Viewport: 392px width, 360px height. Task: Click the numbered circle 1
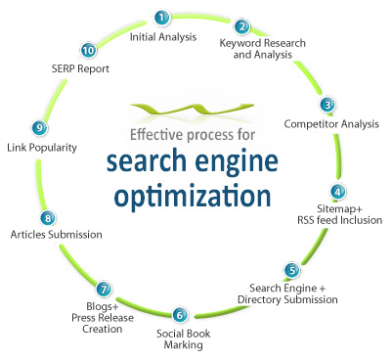click(x=161, y=18)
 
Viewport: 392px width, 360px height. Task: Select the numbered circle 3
click(x=327, y=105)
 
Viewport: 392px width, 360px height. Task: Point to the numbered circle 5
click(x=291, y=270)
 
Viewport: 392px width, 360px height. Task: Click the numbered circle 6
click(x=179, y=315)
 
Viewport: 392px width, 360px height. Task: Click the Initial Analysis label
click(x=163, y=37)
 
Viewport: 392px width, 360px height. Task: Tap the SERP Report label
click(x=80, y=69)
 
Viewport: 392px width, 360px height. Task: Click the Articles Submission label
click(x=56, y=236)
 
